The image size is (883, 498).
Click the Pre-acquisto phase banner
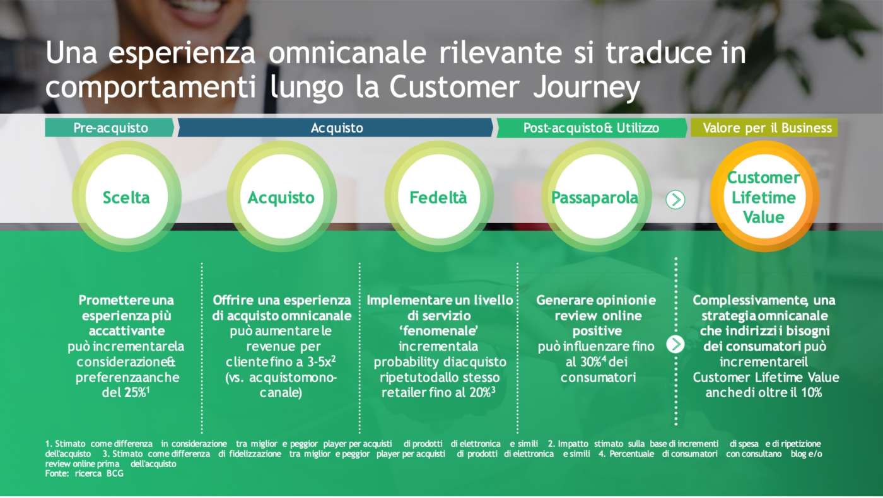109,127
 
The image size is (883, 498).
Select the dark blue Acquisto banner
336,127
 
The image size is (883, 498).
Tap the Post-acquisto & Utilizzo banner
592,127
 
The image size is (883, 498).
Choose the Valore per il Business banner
764,127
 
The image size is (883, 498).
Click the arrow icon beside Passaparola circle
675,199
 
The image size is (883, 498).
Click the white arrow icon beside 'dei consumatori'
675,344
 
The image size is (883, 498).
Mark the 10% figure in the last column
811,392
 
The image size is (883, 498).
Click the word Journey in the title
586,88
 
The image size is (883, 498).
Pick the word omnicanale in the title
348,53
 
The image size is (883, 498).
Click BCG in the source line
115,473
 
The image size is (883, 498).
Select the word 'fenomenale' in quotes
439,330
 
